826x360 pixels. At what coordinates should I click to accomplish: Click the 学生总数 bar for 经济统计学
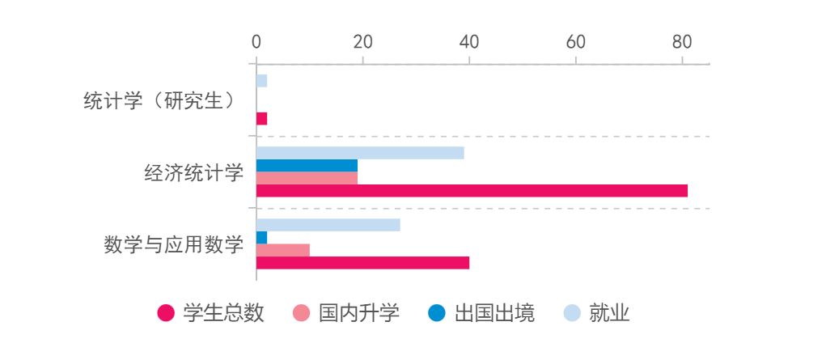click(472, 191)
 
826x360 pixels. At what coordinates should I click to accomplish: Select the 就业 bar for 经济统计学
click(360, 153)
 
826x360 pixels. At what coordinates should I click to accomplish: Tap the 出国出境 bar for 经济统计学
click(307, 165)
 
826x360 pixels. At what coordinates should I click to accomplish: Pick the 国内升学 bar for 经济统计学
click(307, 178)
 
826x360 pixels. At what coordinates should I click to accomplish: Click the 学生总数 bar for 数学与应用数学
click(362, 263)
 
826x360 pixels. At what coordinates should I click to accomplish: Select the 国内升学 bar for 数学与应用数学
click(283, 250)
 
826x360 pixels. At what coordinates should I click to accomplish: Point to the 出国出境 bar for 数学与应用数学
click(262, 237)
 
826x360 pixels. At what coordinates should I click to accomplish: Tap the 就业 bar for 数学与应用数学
click(328, 225)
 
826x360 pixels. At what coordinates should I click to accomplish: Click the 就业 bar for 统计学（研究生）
click(262, 81)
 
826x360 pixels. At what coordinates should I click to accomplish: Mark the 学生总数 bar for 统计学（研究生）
click(262, 119)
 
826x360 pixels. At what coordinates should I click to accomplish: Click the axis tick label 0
click(256, 43)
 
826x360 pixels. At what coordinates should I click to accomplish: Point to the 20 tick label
click(362, 43)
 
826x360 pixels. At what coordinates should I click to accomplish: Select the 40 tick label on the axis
click(469, 43)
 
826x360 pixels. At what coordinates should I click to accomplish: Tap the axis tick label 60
click(575, 43)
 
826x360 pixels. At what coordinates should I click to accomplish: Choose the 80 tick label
click(682, 43)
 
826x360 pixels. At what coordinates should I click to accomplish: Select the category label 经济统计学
click(193, 173)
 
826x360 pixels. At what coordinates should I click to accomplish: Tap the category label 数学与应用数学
click(173, 244)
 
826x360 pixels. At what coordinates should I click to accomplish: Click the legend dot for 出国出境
click(437, 313)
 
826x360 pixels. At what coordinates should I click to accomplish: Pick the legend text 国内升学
click(359, 313)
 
